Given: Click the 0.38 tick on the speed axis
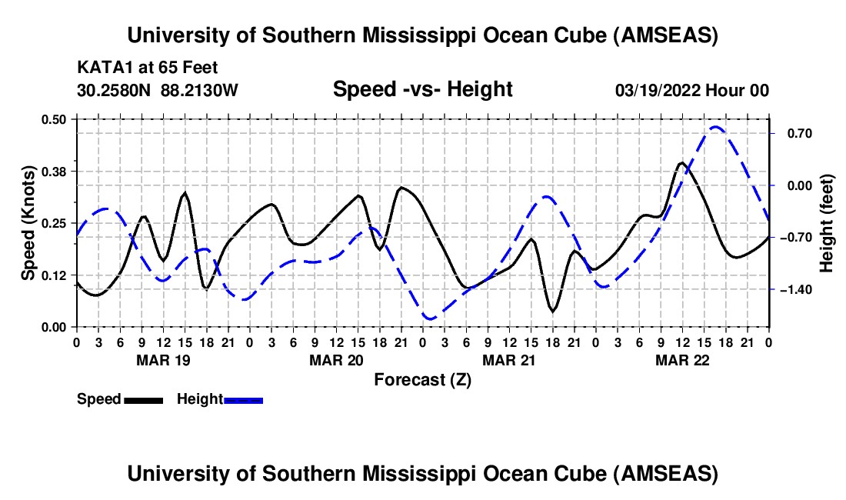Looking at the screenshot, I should click(x=56, y=171).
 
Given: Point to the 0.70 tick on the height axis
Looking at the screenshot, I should click(x=793, y=133).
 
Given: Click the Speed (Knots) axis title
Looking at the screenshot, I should click(x=28, y=223).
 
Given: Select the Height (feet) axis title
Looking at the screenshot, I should click(x=827, y=223).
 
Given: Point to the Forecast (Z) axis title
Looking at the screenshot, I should click(x=422, y=379).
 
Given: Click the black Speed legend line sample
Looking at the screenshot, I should click(x=143, y=399).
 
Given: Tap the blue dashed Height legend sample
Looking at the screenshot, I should click(x=243, y=399).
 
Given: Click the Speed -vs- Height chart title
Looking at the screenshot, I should click(x=422, y=89).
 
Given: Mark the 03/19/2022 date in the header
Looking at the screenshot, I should click(x=658, y=91).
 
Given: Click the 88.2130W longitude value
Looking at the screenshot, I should click(x=200, y=91).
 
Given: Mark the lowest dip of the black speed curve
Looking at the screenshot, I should click(x=552, y=310).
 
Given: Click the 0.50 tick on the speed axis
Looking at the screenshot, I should click(x=56, y=119).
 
